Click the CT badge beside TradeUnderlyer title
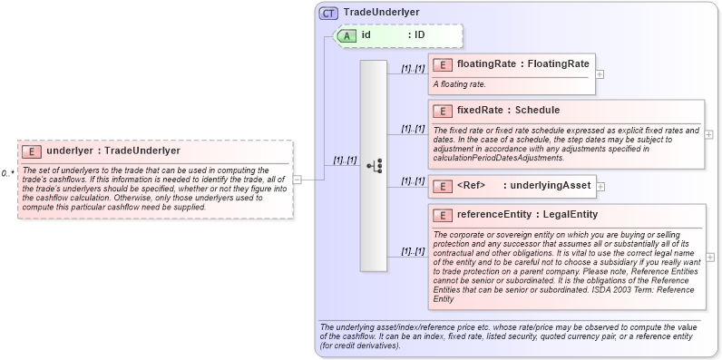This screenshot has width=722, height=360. pyautogui.click(x=329, y=14)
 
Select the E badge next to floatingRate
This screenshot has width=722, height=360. pyautogui.click(x=443, y=64)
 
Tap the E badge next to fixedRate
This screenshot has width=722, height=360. pyautogui.click(x=443, y=111)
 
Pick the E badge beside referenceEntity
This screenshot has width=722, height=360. pyautogui.click(x=443, y=215)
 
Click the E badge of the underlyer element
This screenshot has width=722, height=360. pyautogui.click(x=32, y=151)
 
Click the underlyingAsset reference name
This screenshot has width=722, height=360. pyautogui.click(x=549, y=186)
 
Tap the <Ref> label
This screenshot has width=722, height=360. pyautogui.click(x=473, y=186)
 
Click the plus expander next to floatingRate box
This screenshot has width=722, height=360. pyautogui.click(x=600, y=74)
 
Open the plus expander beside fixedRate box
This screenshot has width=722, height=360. pyautogui.click(x=708, y=134)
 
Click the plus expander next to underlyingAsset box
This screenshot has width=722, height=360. pyautogui.click(x=600, y=186)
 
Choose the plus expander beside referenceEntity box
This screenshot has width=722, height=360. pyautogui.click(x=708, y=258)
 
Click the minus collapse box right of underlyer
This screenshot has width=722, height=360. pyautogui.click(x=297, y=180)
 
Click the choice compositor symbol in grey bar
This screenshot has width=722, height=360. pyautogui.click(x=374, y=166)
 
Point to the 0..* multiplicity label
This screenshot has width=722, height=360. pyautogui.click(x=7, y=172)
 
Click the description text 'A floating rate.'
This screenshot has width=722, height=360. pyautogui.click(x=459, y=84)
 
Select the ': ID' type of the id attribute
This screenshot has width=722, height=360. pyautogui.click(x=416, y=35)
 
